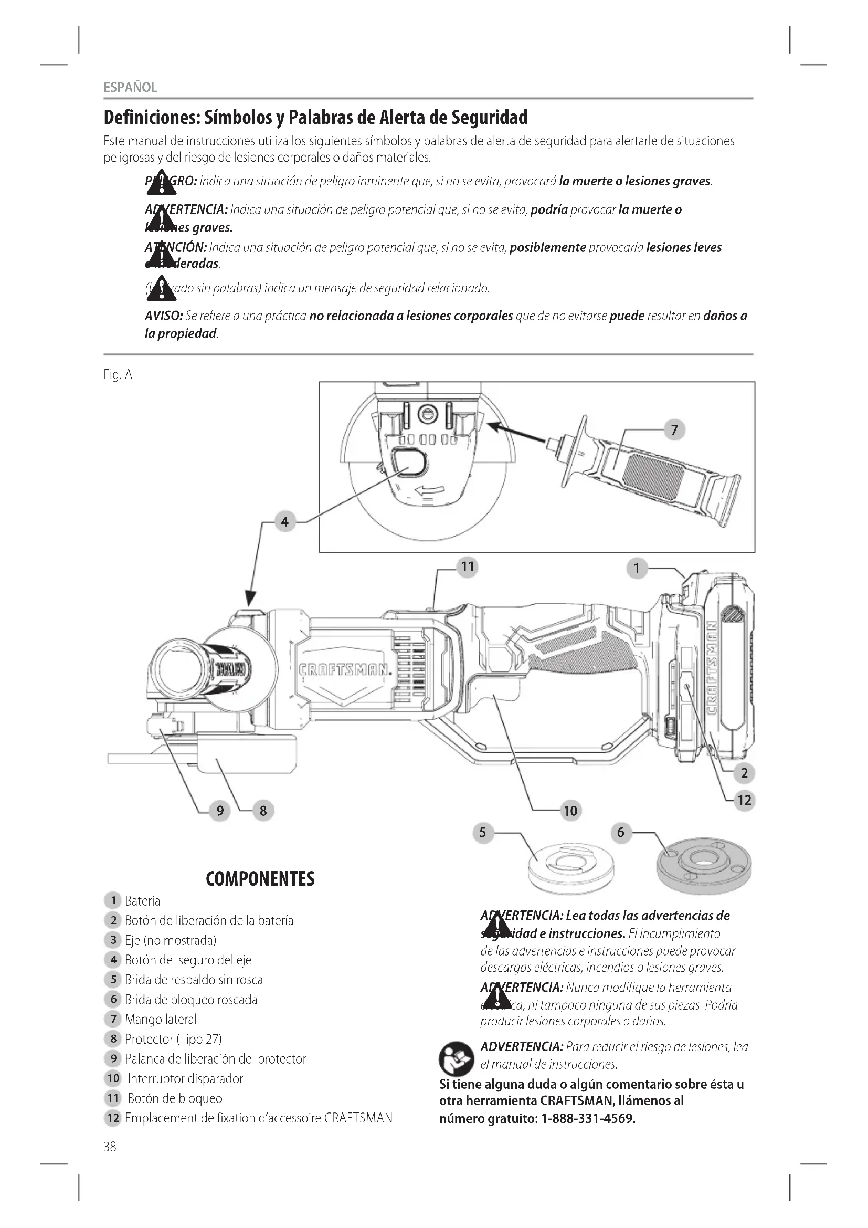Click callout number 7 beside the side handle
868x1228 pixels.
(x=674, y=429)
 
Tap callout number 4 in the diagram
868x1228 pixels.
(x=284, y=521)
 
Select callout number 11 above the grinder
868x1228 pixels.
(x=468, y=566)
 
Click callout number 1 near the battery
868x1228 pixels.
(x=636, y=568)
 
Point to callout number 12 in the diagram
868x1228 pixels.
(x=744, y=800)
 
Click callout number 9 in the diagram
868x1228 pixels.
(x=220, y=811)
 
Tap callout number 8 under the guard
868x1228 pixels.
(x=263, y=811)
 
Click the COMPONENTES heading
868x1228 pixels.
(x=260, y=879)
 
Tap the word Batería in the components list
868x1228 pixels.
(x=142, y=901)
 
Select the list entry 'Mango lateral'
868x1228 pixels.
(x=161, y=1020)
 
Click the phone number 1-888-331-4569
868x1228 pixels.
(x=588, y=1118)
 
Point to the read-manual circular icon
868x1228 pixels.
(x=456, y=1058)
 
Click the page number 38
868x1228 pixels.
(x=110, y=1147)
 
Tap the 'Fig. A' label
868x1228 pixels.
(x=118, y=375)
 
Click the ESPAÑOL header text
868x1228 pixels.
(x=131, y=88)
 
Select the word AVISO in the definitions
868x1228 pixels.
(x=164, y=316)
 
